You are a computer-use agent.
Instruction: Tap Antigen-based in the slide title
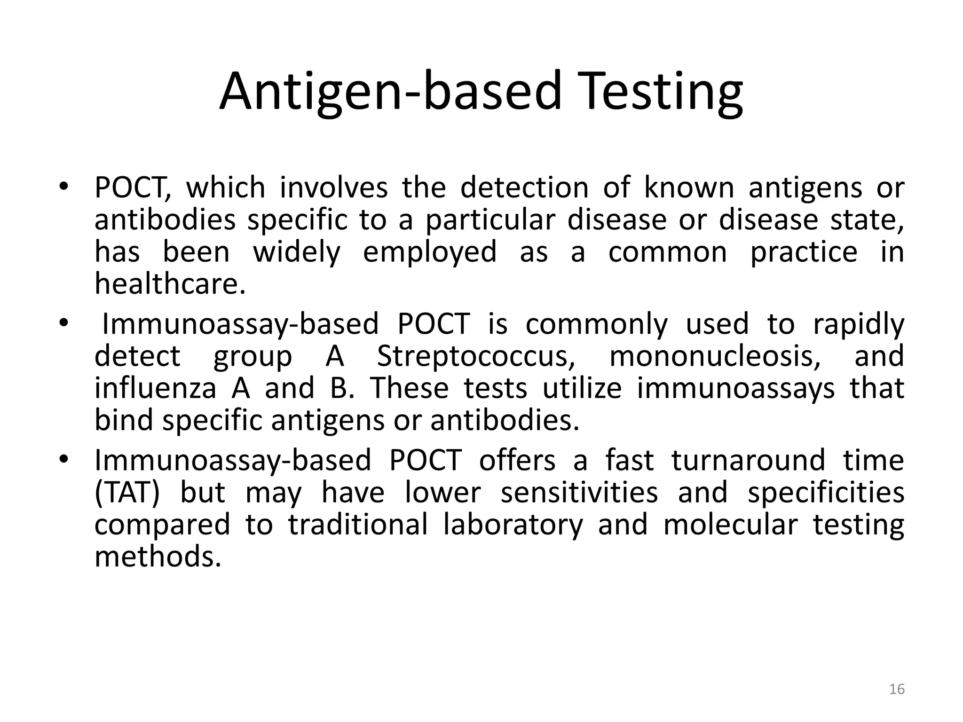point(390,92)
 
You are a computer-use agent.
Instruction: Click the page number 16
point(897,690)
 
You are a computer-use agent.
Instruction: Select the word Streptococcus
point(476,356)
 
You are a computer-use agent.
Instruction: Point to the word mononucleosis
point(715,356)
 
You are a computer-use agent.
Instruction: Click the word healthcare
point(170,284)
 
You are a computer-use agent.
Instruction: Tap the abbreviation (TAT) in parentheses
point(127,493)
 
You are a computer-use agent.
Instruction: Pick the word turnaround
point(748,460)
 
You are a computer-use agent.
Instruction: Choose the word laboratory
point(513,525)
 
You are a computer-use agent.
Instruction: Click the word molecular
point(731,525)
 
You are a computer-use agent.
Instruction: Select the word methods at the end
point(158,557)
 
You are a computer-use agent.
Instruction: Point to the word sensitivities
point(579,493)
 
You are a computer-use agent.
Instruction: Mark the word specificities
point(826,493)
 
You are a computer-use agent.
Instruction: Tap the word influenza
point(155,389)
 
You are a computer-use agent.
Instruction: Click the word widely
point(297,252)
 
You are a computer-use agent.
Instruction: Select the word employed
point(430,252)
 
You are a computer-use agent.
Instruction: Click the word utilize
point(582,389)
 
